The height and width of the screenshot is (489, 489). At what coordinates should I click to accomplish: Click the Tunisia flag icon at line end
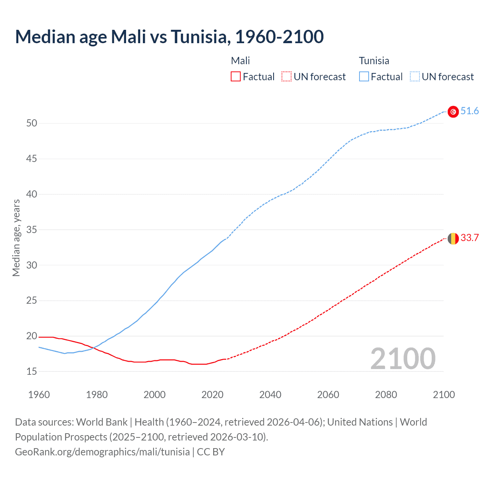click(453, 112)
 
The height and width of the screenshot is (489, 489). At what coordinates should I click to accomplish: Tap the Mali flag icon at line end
click(453, 238)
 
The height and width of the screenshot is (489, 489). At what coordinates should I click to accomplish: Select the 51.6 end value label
click(470, 111)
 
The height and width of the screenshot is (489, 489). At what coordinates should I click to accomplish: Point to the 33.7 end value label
click(470, 238)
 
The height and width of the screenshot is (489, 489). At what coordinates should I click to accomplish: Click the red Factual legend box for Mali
click(236, 77)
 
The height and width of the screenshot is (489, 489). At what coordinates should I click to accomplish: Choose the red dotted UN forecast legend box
click(287, 77)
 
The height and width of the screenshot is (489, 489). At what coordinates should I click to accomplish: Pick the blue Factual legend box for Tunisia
click(364, 77)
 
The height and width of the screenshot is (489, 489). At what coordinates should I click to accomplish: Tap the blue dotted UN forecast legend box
click(415, 77)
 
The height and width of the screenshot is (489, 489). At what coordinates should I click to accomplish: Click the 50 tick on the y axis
click(32, 123)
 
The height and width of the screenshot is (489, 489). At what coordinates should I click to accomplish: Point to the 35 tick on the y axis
click(32, 230)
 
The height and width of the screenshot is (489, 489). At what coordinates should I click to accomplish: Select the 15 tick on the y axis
click(32, 372)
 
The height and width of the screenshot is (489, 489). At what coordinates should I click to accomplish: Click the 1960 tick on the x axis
click(39, 395)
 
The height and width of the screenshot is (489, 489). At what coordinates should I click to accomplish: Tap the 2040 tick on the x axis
click(270, 395)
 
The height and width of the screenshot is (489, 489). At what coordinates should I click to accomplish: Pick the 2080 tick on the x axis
click(386, 395)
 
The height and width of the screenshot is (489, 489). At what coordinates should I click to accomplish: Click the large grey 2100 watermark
click(403, 359)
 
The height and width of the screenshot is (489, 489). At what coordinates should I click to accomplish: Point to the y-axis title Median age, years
click(16, 238)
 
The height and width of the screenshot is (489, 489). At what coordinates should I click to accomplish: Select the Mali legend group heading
click(240, 61)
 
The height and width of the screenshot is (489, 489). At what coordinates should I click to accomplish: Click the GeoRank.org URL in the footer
click(102, 452)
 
